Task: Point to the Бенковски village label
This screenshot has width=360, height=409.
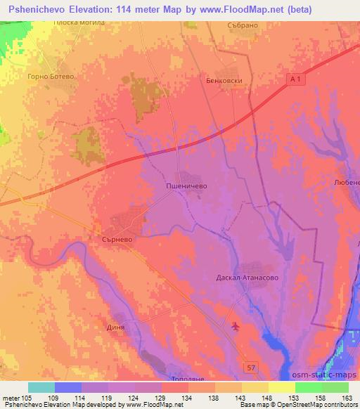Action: point(224,81)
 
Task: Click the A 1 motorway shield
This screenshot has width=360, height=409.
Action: point(298,81)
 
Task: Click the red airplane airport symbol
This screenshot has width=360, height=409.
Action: point(235,325)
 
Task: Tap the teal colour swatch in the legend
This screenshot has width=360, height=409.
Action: point(41,387)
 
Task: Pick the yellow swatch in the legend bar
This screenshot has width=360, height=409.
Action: point(282,387)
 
